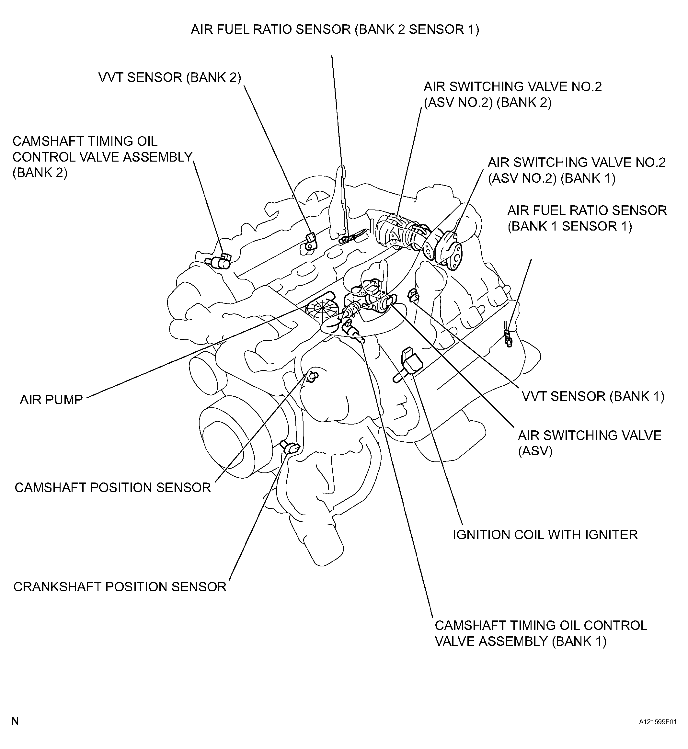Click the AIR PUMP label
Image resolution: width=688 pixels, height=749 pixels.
51,400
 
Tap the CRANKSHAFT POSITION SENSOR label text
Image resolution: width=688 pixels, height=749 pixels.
120,587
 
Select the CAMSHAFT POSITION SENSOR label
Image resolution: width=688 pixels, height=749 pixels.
113,487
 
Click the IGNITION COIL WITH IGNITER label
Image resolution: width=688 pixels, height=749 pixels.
545,535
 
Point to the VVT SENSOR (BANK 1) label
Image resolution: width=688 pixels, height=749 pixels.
593,396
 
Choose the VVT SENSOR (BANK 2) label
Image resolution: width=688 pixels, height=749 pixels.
170,77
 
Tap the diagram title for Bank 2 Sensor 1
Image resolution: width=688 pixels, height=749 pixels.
335,29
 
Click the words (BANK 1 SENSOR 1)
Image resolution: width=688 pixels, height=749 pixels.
570,226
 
